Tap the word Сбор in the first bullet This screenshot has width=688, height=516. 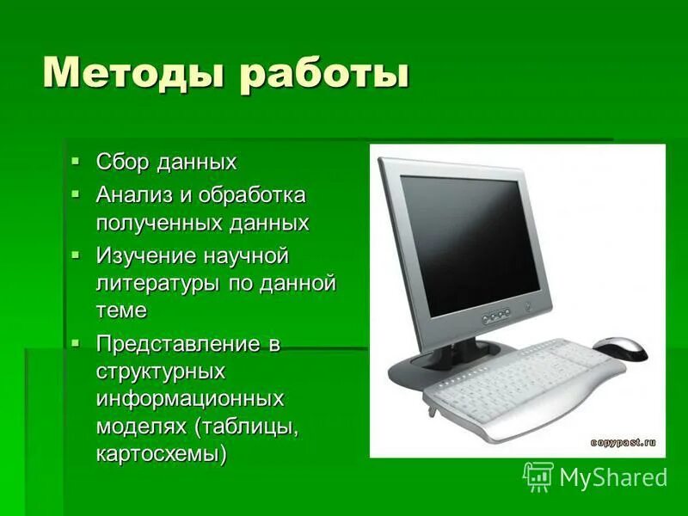(x=123, y=162)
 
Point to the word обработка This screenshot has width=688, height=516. (x=252, y=194)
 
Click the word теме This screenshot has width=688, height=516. (x=121, y=310)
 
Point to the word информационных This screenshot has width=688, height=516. (x=190, y=399)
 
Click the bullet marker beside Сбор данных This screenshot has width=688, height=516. (x=77, y=161)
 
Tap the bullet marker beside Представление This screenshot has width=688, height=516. (x=77, y=343)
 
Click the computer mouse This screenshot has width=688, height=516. (x=620, y=348)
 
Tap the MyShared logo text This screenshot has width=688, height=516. (x=612, y=476)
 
